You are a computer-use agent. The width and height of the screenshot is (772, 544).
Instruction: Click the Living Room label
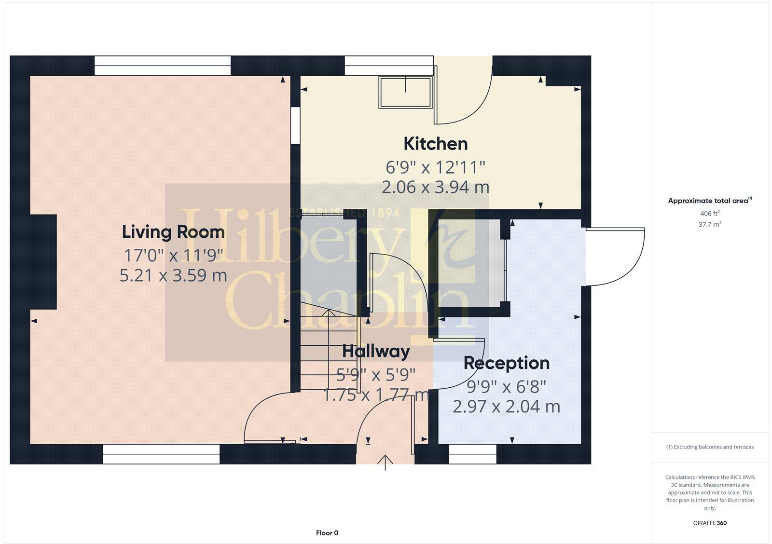coord(173,232)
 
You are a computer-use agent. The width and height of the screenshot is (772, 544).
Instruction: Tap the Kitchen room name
coord(435,144)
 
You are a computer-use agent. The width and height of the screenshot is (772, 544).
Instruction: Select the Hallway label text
coord(376,352)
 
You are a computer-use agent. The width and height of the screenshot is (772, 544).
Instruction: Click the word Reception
coord(506,363)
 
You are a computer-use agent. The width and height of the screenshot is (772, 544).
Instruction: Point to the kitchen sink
coord(405,92)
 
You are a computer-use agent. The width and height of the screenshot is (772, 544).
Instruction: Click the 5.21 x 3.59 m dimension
coord(173,275)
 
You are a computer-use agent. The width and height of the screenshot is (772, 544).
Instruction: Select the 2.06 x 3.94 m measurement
coord(435,187)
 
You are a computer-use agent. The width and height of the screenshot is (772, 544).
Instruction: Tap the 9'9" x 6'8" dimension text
coord(506,386)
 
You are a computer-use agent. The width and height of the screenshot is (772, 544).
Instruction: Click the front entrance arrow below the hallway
coord(385,462)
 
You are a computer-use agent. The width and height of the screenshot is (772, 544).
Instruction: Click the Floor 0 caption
coord(327,533)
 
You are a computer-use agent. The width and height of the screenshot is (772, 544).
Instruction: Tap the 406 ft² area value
coord(710,213)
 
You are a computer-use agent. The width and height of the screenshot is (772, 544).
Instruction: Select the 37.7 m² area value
coord(710,224)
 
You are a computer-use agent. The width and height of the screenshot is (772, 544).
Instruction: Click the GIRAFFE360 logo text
coord(710,523)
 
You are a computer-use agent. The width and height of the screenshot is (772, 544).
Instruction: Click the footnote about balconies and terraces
coord(710,447)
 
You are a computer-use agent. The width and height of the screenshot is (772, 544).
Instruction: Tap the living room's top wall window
coord(162,66)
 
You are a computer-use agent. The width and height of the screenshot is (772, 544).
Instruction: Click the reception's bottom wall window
coord(472,454)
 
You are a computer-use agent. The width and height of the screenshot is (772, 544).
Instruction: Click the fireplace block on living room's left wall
coord(43,261)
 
